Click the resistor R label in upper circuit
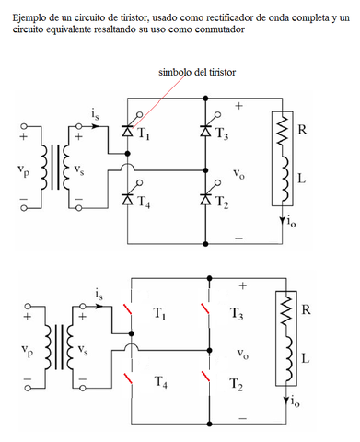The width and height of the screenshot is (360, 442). [303, 130]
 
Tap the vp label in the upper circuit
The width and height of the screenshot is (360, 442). [25, 169]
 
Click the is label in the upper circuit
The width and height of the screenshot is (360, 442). [96, 112]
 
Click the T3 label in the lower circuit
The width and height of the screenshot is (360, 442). [236, 314]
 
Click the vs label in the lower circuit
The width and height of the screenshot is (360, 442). [83, 350]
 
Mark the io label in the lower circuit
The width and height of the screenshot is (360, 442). [294, 401]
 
